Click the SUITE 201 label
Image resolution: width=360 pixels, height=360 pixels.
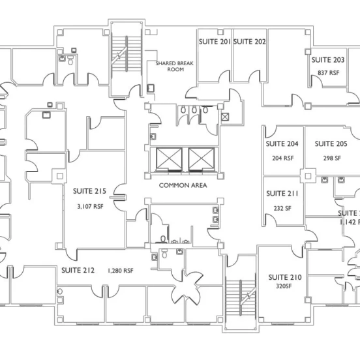point(214,42)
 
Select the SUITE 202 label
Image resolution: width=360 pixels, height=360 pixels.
point(249,42)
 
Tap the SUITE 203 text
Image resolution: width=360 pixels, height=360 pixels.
point(328,59)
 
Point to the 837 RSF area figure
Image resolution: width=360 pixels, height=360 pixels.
point(328,73)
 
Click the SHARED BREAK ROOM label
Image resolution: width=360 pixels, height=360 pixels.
point(170,66)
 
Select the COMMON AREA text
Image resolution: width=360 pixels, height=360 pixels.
point(183,185)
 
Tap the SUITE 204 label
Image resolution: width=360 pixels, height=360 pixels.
point(282,143)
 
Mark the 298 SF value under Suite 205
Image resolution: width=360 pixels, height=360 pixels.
point(332,158)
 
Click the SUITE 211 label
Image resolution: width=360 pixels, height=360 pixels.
point(282,194)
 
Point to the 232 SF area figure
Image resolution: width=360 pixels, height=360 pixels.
point(282,208)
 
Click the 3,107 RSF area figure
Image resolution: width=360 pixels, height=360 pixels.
point(90,206)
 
